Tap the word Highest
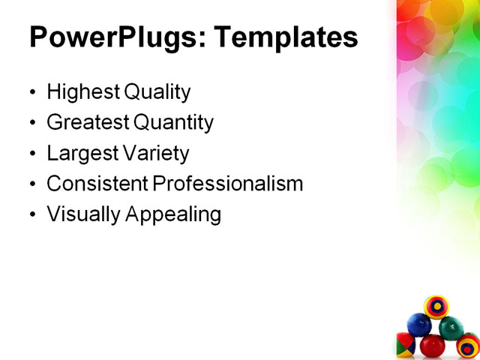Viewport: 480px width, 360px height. pos(82,92)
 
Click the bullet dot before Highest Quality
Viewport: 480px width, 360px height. pos(31,93)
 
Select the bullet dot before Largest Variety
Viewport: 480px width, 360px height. pos(31,154)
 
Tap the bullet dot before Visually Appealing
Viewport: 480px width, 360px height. pos(31,215)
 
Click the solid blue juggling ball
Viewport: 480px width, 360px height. pos(418,325)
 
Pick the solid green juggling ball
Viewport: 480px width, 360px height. pos(451,327)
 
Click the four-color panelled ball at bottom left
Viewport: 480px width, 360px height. pos(405,346)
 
